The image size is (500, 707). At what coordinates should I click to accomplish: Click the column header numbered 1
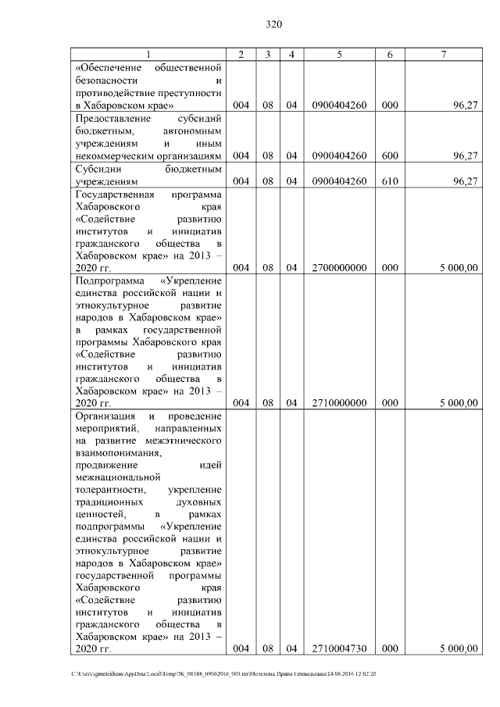coord(148,54)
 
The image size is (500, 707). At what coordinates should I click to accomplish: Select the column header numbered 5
coord(338,54)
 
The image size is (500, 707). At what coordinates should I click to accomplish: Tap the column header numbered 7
coord(444,54)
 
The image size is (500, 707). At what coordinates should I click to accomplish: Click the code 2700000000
coord(338,268)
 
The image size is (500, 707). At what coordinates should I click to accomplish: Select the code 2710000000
coord(338,403)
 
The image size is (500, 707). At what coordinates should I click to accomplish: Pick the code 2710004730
coord(338,648)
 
